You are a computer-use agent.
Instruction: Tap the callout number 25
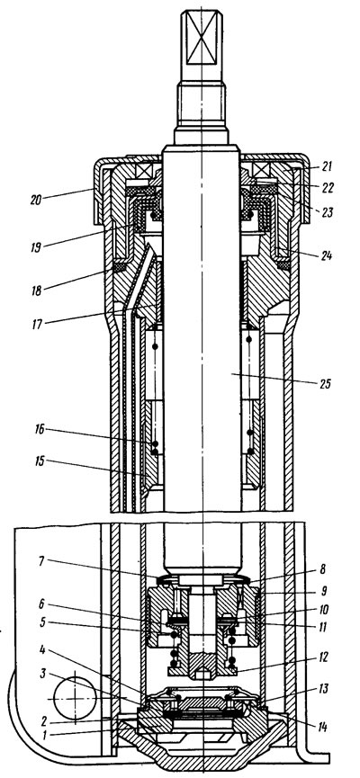coord(324,385)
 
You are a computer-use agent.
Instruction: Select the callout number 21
coord(327,166)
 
